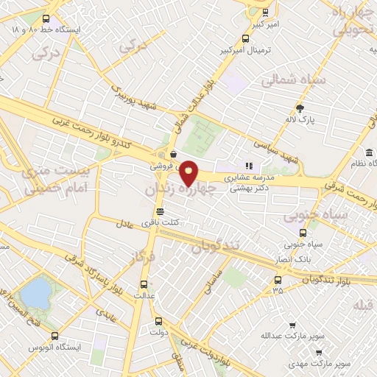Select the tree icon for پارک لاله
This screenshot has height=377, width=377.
tap(299, 108)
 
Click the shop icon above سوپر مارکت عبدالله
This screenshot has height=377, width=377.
tap(292, 325)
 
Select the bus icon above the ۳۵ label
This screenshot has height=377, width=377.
tap(278, 280)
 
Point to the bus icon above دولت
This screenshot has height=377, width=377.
tap(158, 321)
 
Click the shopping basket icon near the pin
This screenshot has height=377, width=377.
tap(172, 155)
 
